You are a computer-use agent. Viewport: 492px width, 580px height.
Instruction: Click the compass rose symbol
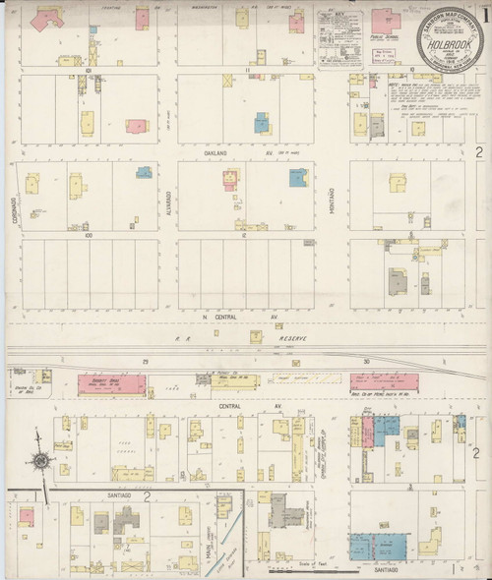[x=39, y=461]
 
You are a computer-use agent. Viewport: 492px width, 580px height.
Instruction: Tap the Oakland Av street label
[x=249, y=152]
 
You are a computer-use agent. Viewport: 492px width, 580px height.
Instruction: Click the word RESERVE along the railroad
[x=293, y=338]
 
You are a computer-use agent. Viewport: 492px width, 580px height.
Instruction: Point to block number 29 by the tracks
[x=145, y=363]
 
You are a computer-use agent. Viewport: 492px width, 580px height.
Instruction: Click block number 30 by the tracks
[x=364, y=363]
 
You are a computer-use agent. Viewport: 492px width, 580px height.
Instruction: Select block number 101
[x=88, y=71]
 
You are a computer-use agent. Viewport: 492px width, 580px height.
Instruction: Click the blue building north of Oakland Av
[x=260, y=123]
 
